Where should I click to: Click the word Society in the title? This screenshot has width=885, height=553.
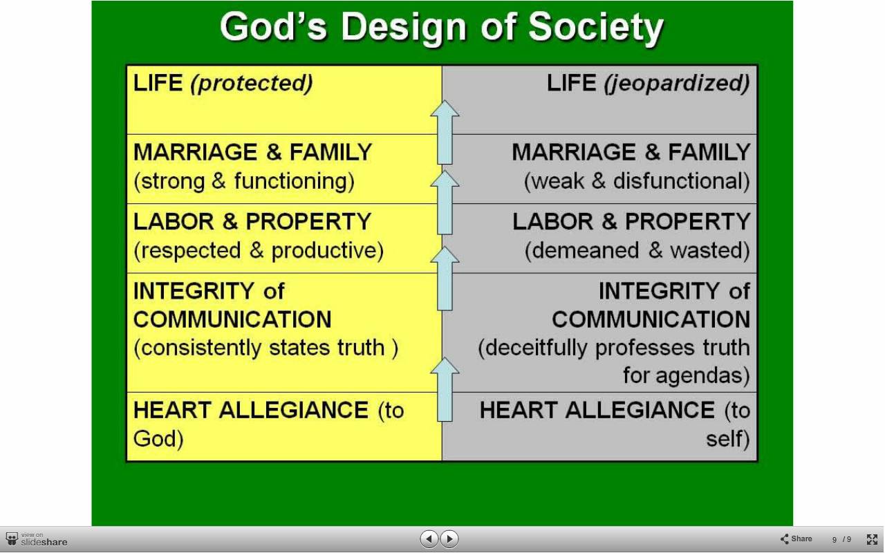[x=596, y=28]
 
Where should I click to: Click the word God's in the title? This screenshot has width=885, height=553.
[x=273, y=27]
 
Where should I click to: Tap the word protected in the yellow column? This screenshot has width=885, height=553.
[x=252, y=84]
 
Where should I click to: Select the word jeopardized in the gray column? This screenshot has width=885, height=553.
[x=677, y=84]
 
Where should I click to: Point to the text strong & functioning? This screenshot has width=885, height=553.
[x=244, y=181]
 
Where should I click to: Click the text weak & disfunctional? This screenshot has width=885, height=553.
[x=637, y=181]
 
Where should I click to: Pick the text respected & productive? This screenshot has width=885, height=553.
[x=259, y=250]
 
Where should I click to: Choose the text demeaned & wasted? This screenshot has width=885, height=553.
[x=637, y=250]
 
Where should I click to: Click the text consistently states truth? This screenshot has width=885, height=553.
[x=266, y=348]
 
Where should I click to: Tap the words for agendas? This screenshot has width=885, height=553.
[x=687, y=375]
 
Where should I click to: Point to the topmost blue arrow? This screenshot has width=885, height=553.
[x=445, y=132]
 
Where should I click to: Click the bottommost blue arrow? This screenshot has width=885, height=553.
[x=445, y=389]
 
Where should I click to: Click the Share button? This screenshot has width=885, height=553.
[x=796, y=538]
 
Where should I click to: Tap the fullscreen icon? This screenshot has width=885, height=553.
[x=872, y=539]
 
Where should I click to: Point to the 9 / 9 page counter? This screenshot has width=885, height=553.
[x=841, y=540]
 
